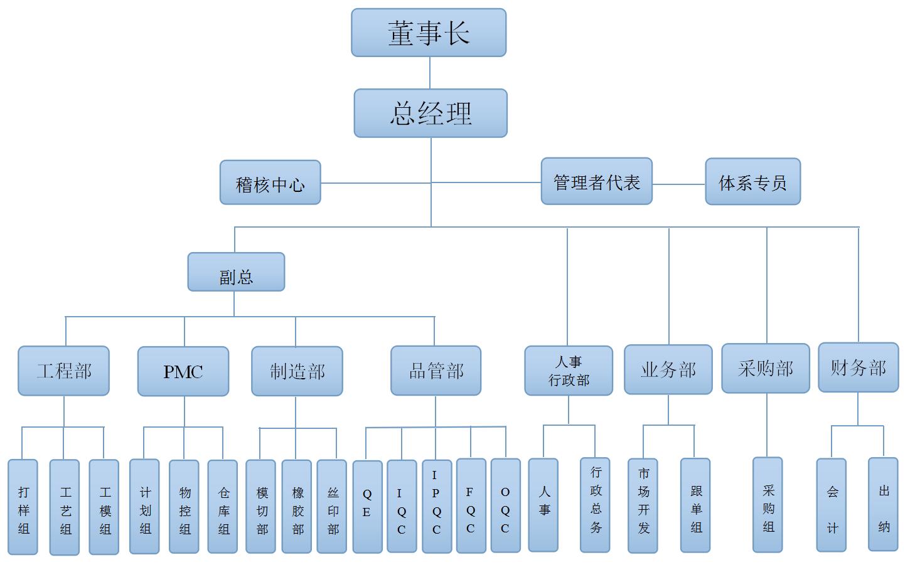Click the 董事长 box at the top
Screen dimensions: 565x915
tap(429, 33)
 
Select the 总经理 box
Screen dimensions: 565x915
tap(431, 113)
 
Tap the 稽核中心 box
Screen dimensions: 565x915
tap(270, 182)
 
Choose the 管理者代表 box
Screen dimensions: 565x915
tap(596, 181)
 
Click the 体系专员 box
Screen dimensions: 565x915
tap(752, 182)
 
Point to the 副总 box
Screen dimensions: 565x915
tap(236, 272)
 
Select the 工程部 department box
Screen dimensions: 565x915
tap(63, 371)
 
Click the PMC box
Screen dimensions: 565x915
tap(183, 371)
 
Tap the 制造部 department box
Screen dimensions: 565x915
tap(297, 371)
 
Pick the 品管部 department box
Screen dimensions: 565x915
tap(436, 371)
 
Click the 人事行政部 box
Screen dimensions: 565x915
tap(569, 371)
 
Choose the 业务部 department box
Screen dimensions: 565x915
tap(668, 369)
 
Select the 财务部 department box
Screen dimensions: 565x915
tap(858, 367)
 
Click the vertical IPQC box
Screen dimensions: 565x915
tap(436, 506)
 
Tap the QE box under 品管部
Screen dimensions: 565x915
tap(367, 507)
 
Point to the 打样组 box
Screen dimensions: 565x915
tap(23, 507)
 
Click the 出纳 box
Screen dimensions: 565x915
tap(883, 504)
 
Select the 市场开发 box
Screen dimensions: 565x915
tap(643, 505)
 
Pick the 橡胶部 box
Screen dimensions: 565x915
tap(297, 507)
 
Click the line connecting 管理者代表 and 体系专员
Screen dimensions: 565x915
tap(678, 184)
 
